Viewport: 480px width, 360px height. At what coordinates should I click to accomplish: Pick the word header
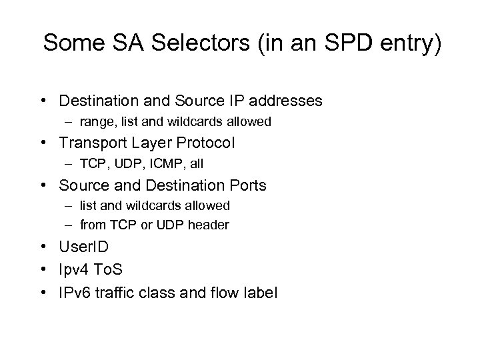(x=209, y=225)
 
